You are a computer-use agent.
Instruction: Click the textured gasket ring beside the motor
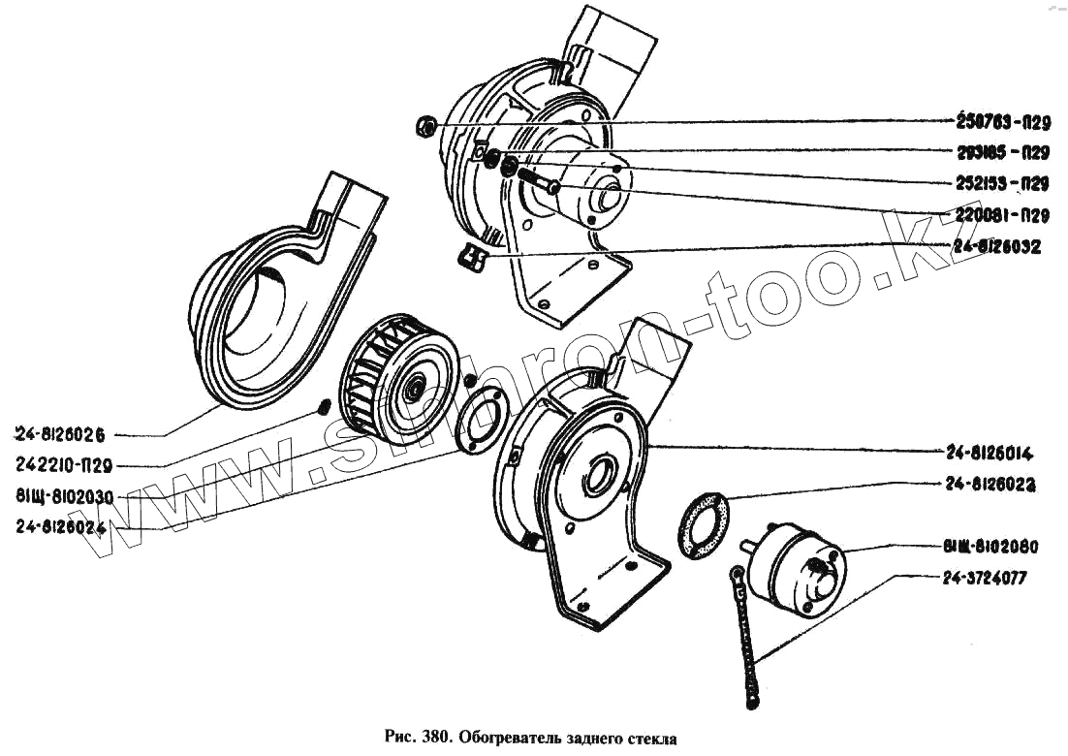point(707,525)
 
